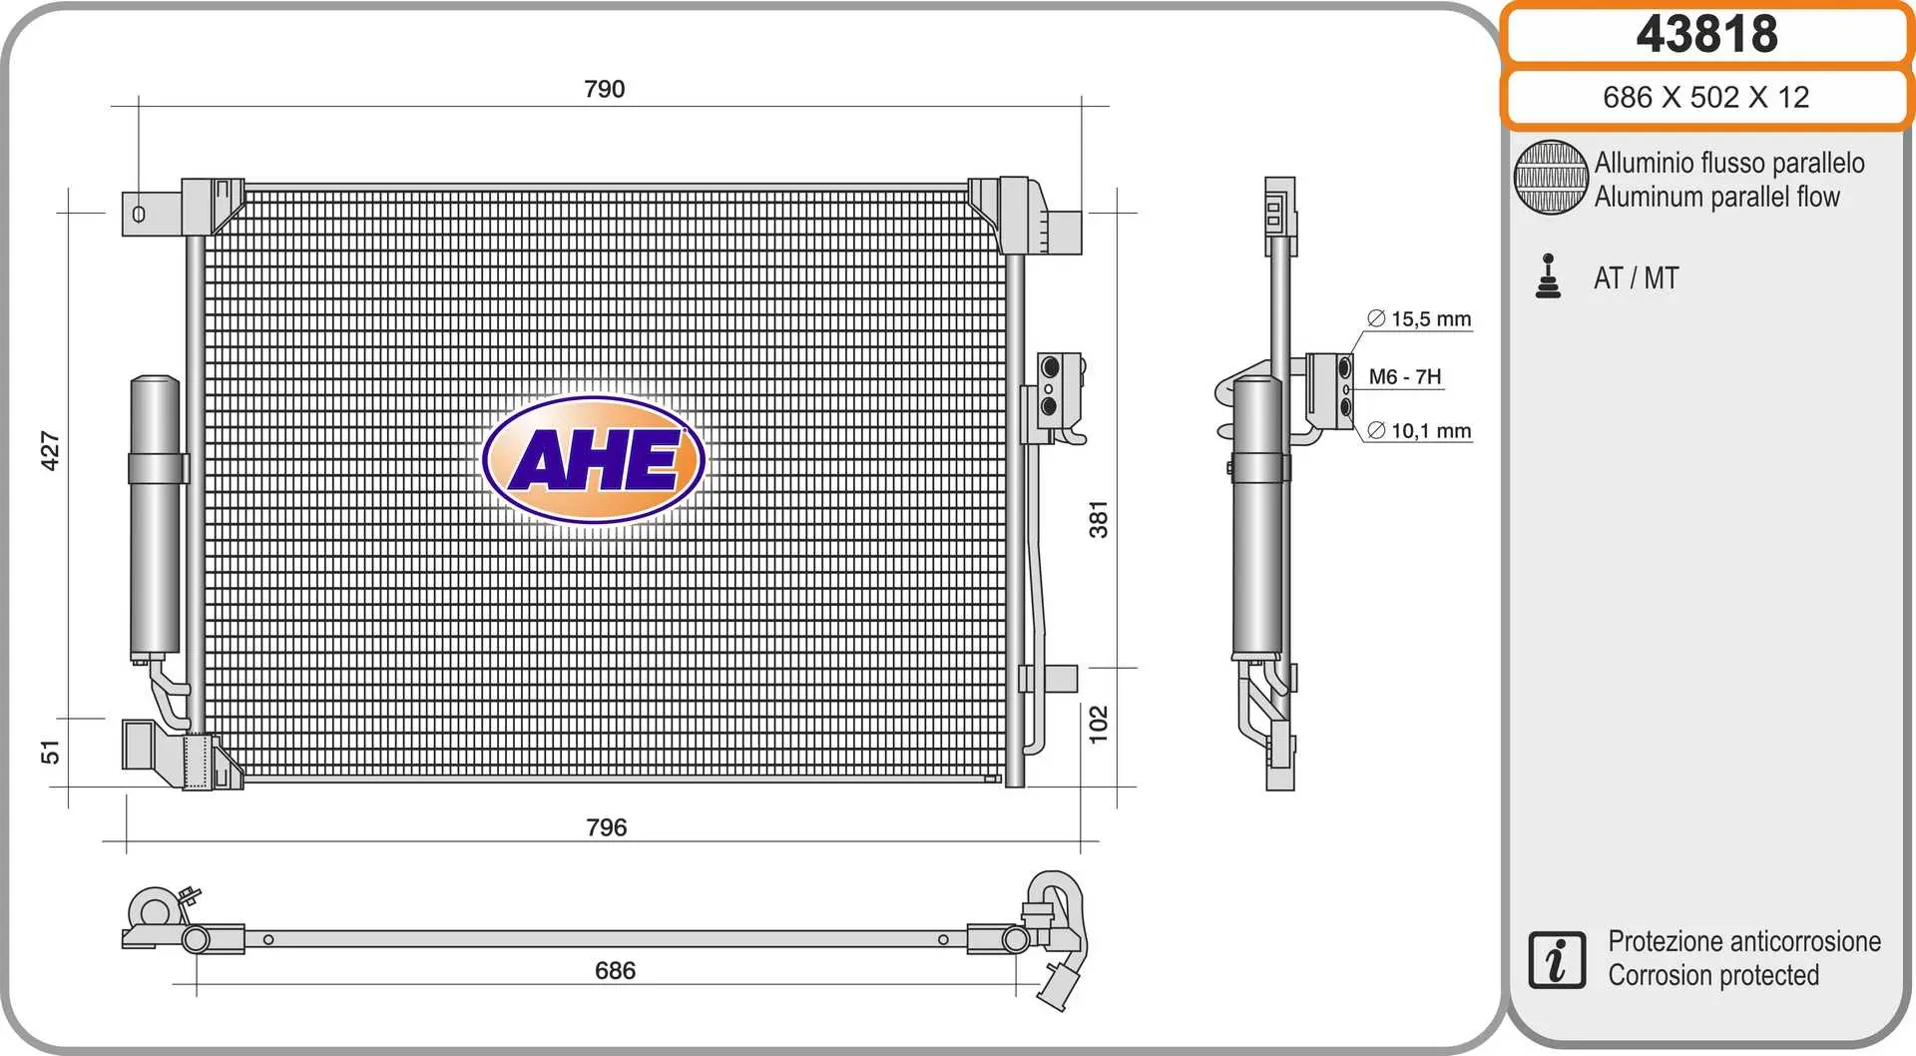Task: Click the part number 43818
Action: [x=1706, y=34]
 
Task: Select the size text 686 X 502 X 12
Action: [x=1705, y=97]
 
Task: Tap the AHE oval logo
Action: [x=594, y=460]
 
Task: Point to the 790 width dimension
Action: [x=605, y=89]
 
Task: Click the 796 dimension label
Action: [x=607, y=827]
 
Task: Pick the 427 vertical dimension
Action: [x=50, y=451]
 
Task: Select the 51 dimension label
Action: [x=50, y=753]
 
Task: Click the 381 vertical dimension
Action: [x=1099, y=520]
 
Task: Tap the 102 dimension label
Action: [x=1099, y=725]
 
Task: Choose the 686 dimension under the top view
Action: [x=615, y=970]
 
